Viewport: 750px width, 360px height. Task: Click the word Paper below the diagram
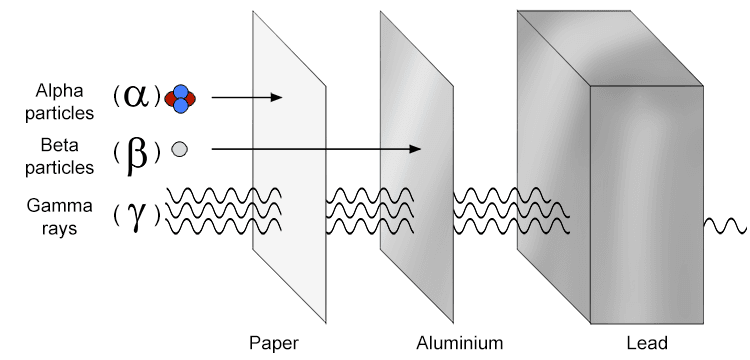(x=273, y=343)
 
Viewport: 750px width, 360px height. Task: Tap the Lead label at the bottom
(x=647, y=343)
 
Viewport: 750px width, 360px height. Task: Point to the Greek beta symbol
(x=137, y=151)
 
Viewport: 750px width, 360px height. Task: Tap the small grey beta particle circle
(x=180, y=149)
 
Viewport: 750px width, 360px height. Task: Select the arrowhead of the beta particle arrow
(x=416, y=149)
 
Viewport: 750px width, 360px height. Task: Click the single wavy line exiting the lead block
(x=725, y=224)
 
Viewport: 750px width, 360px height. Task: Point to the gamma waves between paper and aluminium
(x=354, y=211)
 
